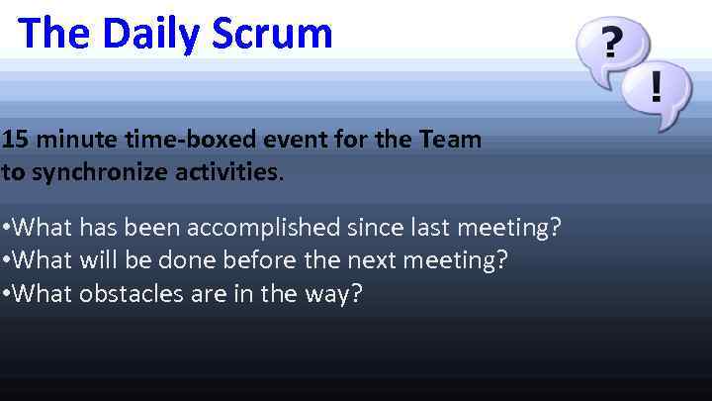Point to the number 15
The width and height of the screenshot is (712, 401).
pos(15,140)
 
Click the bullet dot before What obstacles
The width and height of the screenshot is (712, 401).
pos(6,295)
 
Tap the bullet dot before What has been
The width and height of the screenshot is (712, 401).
pos(6,230)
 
